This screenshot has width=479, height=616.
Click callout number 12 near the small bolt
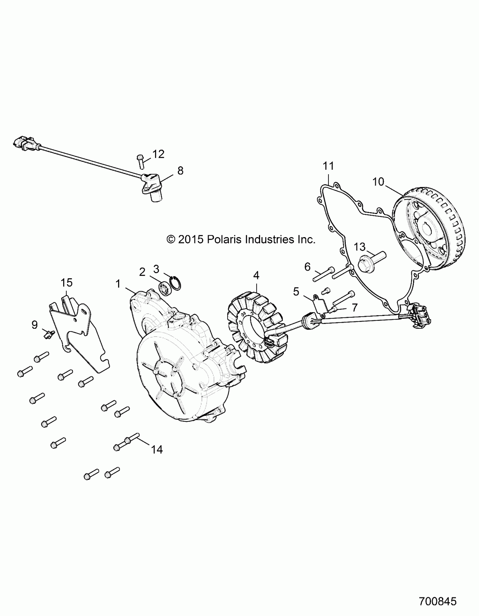[158, 154]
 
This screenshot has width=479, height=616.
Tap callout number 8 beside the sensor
[180, 171]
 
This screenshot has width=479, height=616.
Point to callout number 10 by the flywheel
[378, 182]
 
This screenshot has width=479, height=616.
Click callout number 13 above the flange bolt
[360, 247]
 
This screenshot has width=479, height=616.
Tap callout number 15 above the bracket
[67, 282]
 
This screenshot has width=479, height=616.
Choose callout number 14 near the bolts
[157, 450]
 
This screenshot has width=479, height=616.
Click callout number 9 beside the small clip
[34, 325]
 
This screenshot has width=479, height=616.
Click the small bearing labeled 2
[163, 289]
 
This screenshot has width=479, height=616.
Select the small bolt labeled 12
[141, 161]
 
